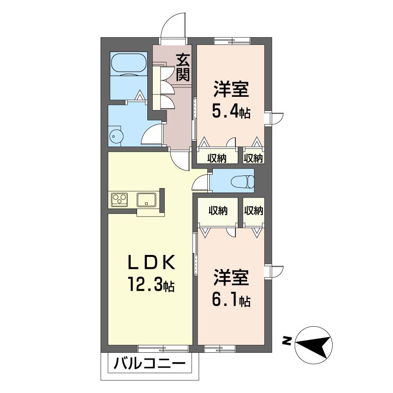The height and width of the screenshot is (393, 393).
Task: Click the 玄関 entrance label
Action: [183, 67]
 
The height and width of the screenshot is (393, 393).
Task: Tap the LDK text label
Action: [151, 262]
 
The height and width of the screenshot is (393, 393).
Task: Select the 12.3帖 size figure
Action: [151, 284]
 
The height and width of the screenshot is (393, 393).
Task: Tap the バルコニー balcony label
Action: [150, 363]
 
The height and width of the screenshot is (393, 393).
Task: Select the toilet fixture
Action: [243, 181]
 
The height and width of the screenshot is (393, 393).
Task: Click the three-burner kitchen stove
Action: [119, 199]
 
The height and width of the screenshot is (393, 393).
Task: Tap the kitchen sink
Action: [146, 199]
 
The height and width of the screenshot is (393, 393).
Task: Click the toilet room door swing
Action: [200, 182]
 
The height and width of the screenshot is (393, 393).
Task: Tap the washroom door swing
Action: [152, 135]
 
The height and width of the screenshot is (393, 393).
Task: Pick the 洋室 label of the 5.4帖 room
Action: [231, 90]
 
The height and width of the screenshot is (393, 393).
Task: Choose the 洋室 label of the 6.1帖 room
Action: [231, 278]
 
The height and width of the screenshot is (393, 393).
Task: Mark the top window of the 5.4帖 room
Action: [232, 41]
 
